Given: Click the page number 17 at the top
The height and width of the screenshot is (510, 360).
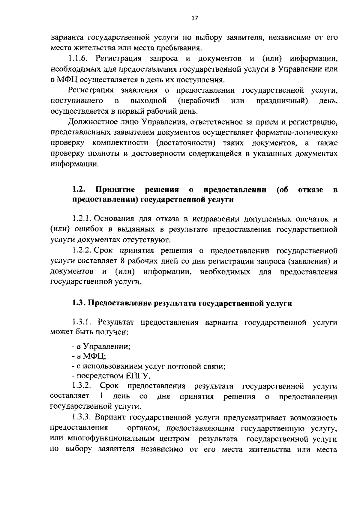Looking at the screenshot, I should [x=195, y=18].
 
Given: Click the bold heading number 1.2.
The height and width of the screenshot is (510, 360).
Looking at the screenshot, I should [x=79, y=189].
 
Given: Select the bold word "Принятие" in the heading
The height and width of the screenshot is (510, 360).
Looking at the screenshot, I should [x=115, y=189].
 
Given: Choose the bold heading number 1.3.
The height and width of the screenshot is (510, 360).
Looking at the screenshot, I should [x=79, y=303].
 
